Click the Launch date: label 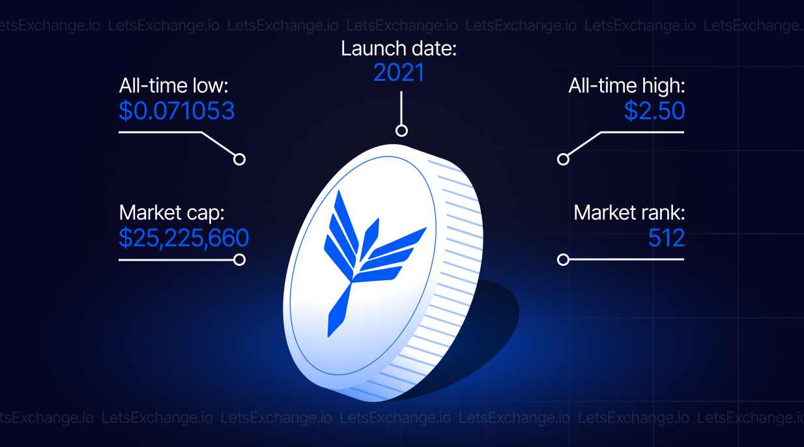398,48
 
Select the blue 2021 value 399,72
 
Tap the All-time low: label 173,86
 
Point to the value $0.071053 177,111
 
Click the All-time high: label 627,86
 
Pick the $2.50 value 654,111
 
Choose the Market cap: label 171,213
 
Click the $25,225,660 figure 184,238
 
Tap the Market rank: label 629,213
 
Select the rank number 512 667,238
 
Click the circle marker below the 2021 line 401,130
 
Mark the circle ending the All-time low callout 239,159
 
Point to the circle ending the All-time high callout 563,159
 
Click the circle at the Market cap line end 239,259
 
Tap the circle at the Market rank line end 563,259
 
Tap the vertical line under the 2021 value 401,108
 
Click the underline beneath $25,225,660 176,260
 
